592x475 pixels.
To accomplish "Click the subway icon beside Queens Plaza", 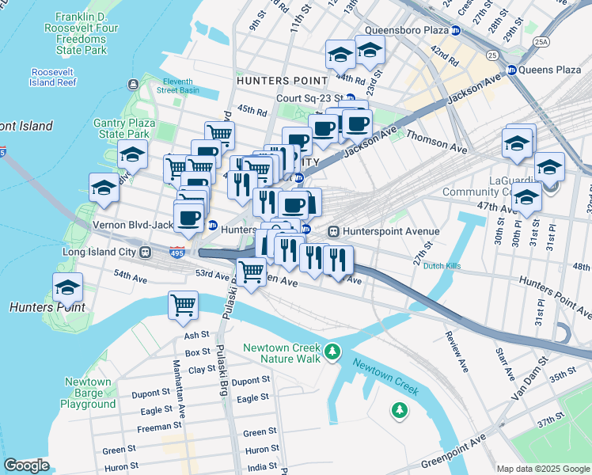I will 511,70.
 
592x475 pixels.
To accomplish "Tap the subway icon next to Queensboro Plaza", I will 456,31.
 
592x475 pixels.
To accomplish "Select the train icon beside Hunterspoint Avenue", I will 334,231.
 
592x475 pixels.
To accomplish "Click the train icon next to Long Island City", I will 146,253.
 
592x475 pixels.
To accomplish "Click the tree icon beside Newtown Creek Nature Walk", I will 333,350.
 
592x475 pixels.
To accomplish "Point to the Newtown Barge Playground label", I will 88,393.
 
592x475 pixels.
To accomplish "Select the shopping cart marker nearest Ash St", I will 183,304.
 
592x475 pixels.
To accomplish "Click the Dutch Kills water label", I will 442,266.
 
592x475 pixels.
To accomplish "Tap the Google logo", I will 27,465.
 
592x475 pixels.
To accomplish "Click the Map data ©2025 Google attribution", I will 542,469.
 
